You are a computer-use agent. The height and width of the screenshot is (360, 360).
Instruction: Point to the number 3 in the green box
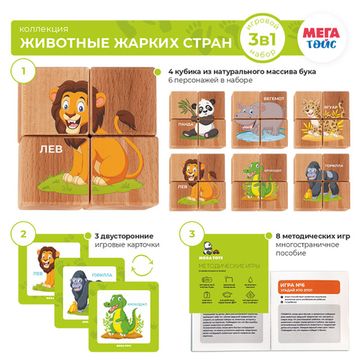190,236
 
